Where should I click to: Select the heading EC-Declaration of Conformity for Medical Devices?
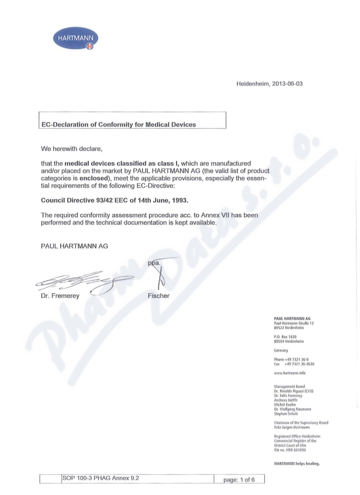coord(118,125)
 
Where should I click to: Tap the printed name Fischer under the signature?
coord(158,296)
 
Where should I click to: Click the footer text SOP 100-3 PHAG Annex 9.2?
coord(100,478)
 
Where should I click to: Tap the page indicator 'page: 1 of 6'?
coord(239,480)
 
